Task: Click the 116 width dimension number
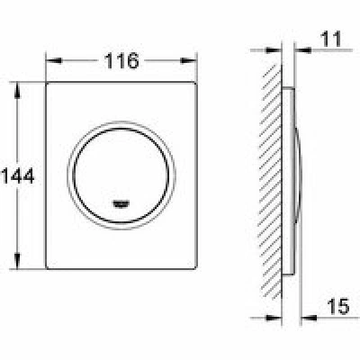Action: tap(121, 61)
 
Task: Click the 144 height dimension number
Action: tap(18, 175)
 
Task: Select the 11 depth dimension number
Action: tap(331, 39)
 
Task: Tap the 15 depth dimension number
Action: tap(338, 306)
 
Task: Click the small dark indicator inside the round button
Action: tap(121, 204)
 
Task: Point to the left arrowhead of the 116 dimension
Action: tap(54, 61)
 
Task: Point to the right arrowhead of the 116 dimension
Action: tap(189, 61)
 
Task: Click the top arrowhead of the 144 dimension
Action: tap(17, 90)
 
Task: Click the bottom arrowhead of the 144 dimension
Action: tap(17, 261)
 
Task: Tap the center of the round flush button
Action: tap(121, 175)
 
